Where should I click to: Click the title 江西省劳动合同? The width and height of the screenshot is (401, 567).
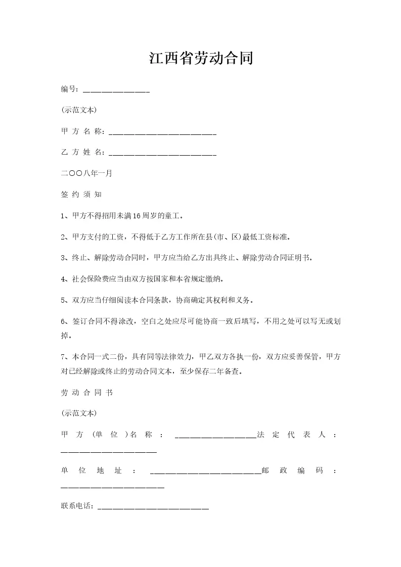[x=200, y=59]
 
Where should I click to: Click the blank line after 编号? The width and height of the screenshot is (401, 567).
[x=116, y=91]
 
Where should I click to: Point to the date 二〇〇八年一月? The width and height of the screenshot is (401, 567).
[x=86, y=173]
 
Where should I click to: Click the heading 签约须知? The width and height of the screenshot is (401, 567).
[x=81, y=195]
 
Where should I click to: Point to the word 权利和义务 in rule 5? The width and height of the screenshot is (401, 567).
[x=229, y=300]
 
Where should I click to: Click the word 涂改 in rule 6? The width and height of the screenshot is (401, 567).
[x=125, y=321]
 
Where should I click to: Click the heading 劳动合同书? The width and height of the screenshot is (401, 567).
[x=86, y=393]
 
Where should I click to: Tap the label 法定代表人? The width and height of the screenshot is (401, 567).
[x=296, y=435]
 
